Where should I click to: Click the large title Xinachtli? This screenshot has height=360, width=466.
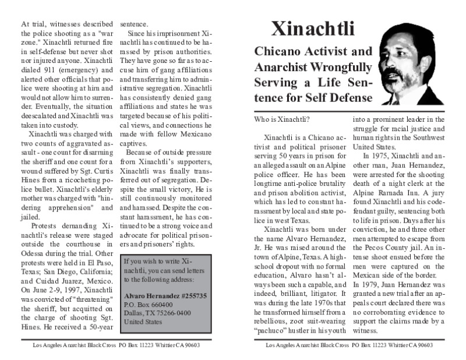[314, 27]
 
